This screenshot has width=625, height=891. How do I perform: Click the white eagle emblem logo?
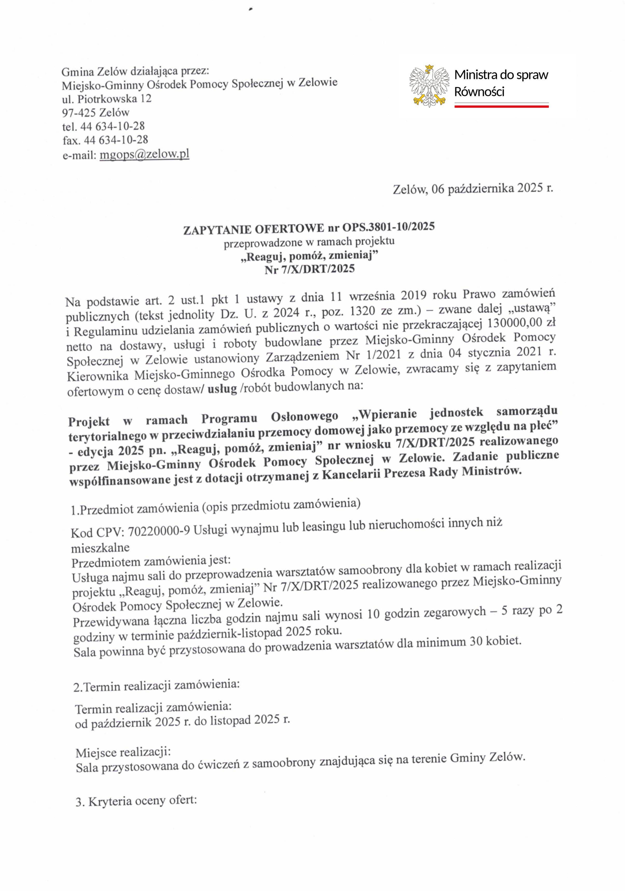tap(429, 86)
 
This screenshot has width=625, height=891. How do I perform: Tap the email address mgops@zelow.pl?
tap(144, 155)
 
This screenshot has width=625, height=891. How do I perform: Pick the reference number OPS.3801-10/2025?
tap(388, 227)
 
